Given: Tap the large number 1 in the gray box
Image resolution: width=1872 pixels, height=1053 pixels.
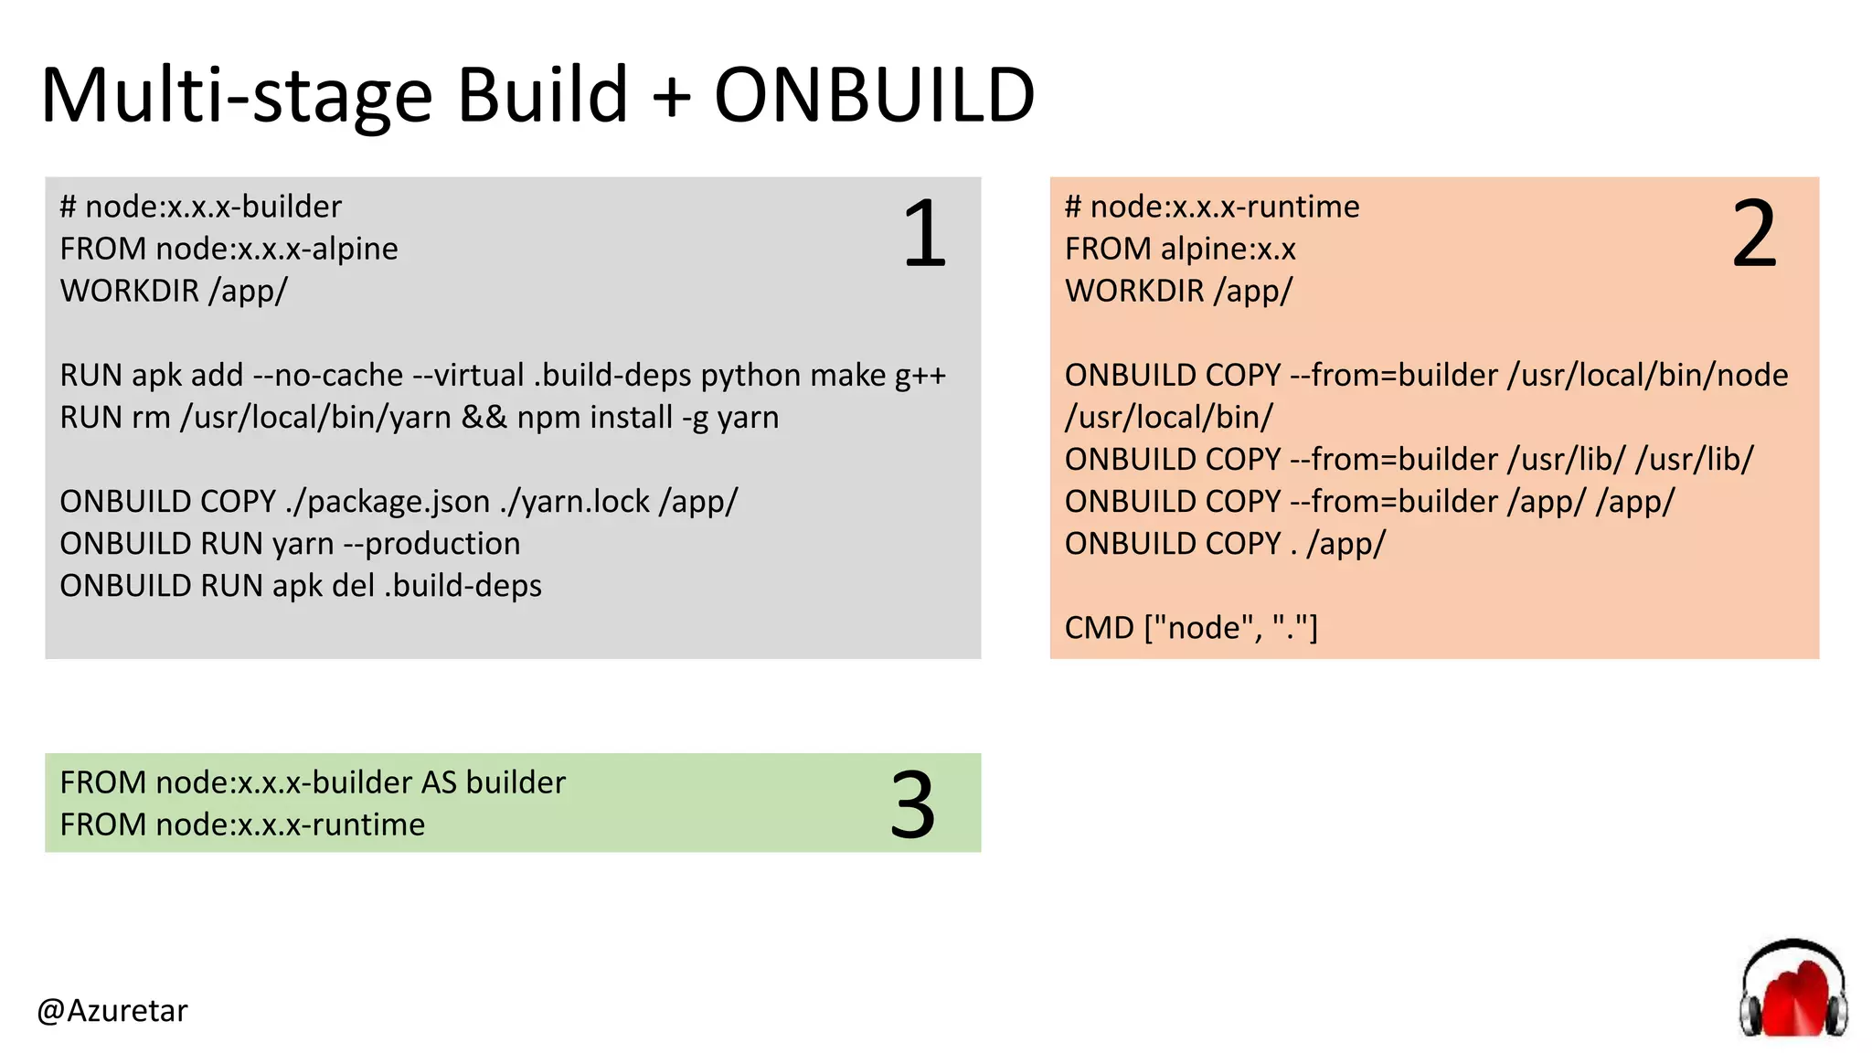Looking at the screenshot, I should coord(924,234).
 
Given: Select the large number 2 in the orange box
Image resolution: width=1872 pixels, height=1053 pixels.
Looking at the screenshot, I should coord(1753,234).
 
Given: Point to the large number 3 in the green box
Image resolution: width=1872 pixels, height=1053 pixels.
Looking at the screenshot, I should coord(911,804).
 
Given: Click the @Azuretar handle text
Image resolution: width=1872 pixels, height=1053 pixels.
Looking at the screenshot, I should coord(112,1010).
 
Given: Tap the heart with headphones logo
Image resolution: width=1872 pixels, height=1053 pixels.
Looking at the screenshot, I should coord(1792,991).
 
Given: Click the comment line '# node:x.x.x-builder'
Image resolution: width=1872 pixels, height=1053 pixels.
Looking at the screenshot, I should coord(200,207).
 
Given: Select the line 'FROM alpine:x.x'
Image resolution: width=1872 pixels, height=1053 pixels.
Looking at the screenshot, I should coord(1180,249).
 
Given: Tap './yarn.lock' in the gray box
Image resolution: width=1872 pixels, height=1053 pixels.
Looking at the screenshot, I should coord(575,502).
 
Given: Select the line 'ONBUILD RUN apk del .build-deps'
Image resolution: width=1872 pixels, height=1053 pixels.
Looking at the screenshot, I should coord(301,586).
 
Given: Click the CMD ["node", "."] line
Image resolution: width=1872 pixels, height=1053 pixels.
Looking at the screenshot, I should coord(1190,628).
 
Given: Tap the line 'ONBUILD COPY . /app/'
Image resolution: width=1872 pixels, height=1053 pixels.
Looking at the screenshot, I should coord(1225,544).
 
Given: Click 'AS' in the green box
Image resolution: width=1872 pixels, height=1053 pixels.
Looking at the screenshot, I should coord(438,783).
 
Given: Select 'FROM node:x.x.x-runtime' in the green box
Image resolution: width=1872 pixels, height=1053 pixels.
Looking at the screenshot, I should coord(242,825).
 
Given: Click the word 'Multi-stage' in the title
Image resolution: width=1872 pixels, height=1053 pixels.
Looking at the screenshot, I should coord(236,95).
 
